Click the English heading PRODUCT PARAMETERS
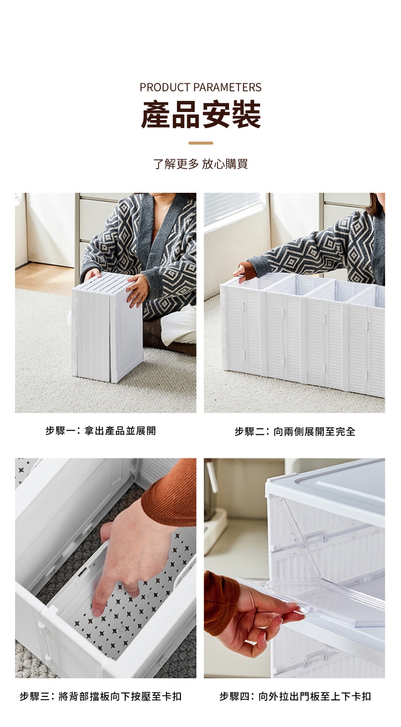click(x=200, y=87)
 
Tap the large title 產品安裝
click(x=201, y=114)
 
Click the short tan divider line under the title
click(x=201, y=143)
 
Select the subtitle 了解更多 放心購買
click(x=200, y=164)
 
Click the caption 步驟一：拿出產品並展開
click(x=101, y=431)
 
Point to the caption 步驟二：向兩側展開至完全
click(x=295, y=431)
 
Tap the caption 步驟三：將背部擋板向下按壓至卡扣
click(x=101, y=696)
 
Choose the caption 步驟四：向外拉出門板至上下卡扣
click(x=295, y=696)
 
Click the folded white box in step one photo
click(x=107, y=326)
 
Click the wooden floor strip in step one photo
click(x=45, y=279)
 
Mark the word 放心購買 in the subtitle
click(x=225, y=164)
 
